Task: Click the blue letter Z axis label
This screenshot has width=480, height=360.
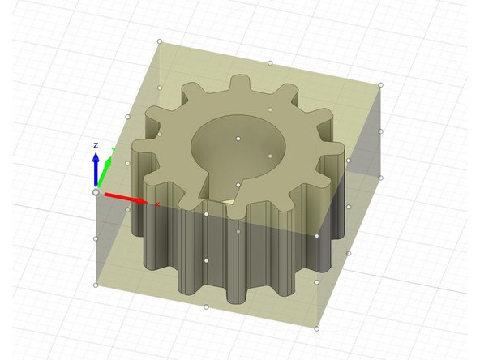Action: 96,145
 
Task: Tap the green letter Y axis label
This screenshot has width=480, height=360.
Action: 113,151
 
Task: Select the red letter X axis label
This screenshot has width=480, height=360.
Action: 157,204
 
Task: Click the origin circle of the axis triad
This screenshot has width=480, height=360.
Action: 96,192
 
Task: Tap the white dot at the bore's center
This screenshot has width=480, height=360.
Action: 238,139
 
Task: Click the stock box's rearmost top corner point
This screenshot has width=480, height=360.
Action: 160,41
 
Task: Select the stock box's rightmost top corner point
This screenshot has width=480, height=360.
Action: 380,84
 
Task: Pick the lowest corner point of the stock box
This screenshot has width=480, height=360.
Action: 316,328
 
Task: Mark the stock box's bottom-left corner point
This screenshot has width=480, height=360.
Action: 96,285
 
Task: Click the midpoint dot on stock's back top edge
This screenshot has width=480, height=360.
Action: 270,62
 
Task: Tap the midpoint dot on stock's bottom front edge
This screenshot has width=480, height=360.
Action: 206,306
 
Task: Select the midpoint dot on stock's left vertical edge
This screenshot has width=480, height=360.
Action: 96,238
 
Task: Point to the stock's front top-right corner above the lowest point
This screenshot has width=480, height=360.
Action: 316,236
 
